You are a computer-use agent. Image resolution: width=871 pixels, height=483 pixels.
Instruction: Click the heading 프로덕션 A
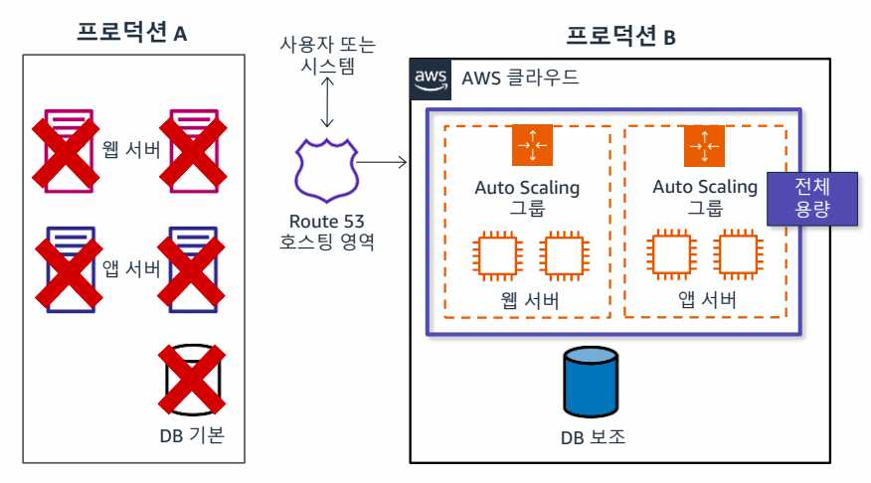pyautogui.click(x=132, y=32)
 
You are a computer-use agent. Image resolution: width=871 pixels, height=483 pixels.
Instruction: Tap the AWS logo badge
pyautogui.click(x=430, y=79)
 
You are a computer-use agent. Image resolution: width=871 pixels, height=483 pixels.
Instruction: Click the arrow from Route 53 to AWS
pyautogui.click(x=382, y=162)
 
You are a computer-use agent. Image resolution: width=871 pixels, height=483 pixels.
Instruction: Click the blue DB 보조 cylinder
pyautogui.click(x=593, y=382)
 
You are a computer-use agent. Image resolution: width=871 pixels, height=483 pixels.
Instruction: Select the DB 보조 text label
pyautogui.click(x=593, y=437)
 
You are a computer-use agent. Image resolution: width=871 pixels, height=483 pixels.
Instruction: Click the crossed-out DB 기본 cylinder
pyautogui.click(x=189, y=380)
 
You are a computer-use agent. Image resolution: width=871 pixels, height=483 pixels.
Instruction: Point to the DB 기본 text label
pyautogui.click(x=195, y=434)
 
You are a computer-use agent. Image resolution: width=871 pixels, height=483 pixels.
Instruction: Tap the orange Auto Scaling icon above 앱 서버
pyautogui.click(x=704, y=146)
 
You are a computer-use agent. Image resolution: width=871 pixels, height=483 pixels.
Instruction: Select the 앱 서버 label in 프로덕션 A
pyautogui.click(x=131, y=267)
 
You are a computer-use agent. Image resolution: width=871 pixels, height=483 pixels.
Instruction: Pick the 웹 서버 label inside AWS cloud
pyautogui.click(x=527, y=301)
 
